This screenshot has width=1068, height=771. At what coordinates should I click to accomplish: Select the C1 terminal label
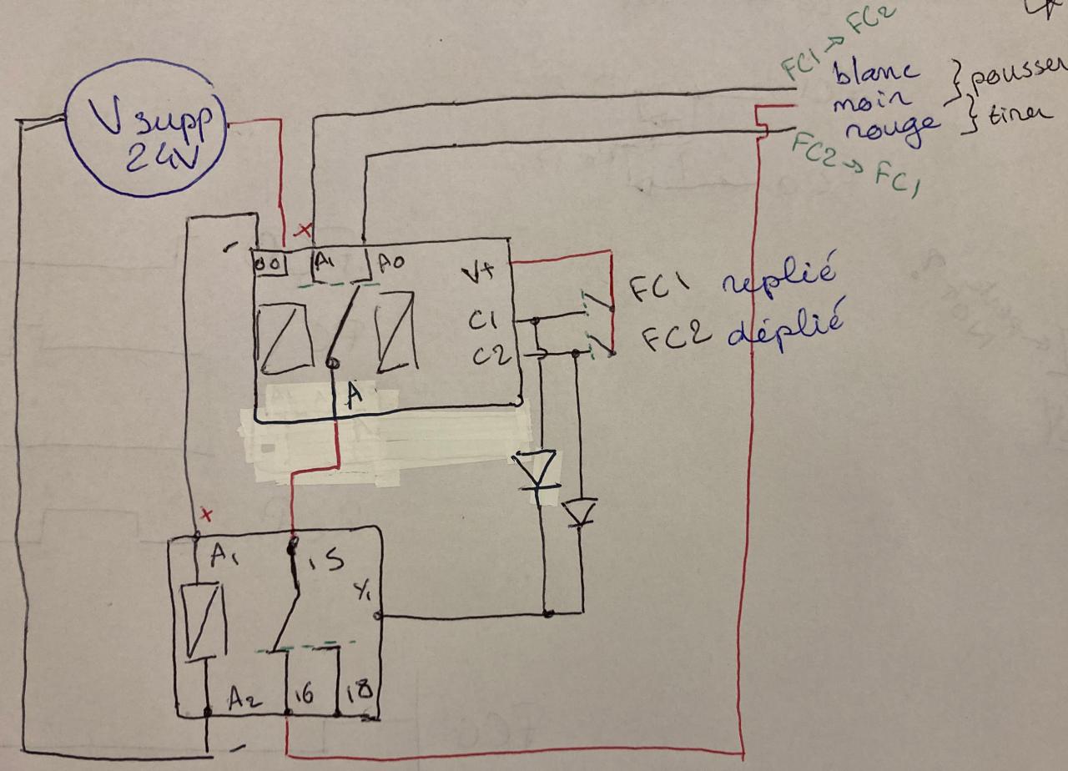483,321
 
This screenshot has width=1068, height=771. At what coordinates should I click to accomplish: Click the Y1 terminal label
363,594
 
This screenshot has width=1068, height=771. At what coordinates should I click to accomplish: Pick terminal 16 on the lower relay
305,694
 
